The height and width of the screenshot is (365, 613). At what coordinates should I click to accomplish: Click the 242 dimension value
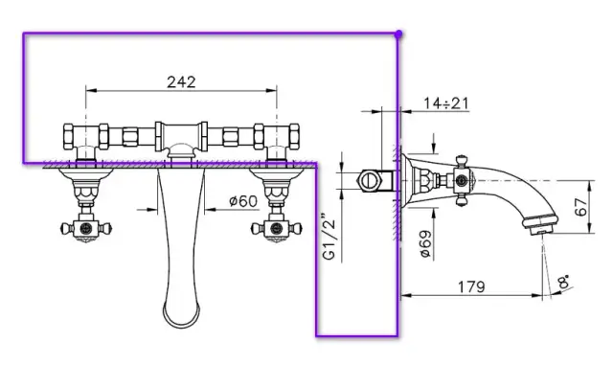pyautogui.click(x=180, y=81)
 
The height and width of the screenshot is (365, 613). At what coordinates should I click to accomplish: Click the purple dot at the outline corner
pyautogui.click(x=398, y=34)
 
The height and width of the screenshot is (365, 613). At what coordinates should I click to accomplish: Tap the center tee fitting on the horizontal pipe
pyautogui.click(x=179, y=134)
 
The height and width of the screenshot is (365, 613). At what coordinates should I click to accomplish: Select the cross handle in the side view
pyautogui.click(x=462, y=179)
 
